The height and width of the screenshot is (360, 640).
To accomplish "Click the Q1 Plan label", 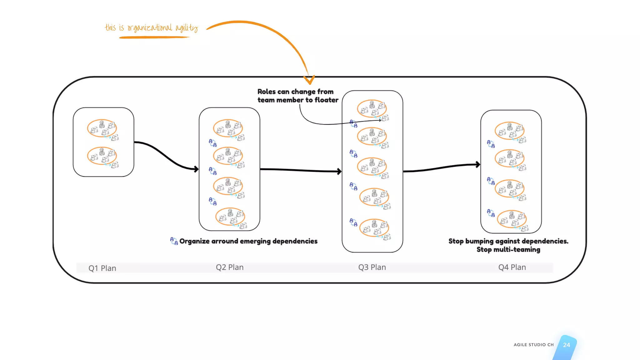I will click(x=102, y=268).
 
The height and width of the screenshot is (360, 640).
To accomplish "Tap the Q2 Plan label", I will click(x=230, y=267).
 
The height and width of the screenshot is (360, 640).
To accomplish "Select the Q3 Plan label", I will click(x=372, y=267).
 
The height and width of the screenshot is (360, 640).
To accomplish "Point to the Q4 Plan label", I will click(x=512, y=267).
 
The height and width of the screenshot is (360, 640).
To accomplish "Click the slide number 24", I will click(x=566, y=345).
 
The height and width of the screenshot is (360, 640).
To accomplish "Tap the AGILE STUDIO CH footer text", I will click(x=533, y=345).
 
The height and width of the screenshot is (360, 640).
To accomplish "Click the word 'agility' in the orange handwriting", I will click(x=187, y=28).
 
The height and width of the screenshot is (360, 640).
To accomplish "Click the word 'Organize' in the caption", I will click(x=194, y=241).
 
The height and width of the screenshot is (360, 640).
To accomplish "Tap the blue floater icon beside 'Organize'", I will click(x=174, y=241).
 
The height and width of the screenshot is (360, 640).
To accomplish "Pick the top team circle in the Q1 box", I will click(x=102, y=128).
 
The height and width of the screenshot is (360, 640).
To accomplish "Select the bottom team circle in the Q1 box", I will click(x=102, y=156).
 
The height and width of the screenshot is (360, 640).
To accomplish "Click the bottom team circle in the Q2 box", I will click(x=230, y=217).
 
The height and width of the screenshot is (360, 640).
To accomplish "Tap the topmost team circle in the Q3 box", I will click(x=372, y=109).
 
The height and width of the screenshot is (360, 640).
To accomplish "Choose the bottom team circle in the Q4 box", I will click(x=512, y=219).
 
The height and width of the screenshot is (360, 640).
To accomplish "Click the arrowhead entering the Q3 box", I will click(x=340, y=171).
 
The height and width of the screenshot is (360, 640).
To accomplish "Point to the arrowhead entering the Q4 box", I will click(x=478, y=164).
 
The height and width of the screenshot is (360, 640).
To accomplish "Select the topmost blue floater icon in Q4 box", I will click(x=491, y=144).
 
